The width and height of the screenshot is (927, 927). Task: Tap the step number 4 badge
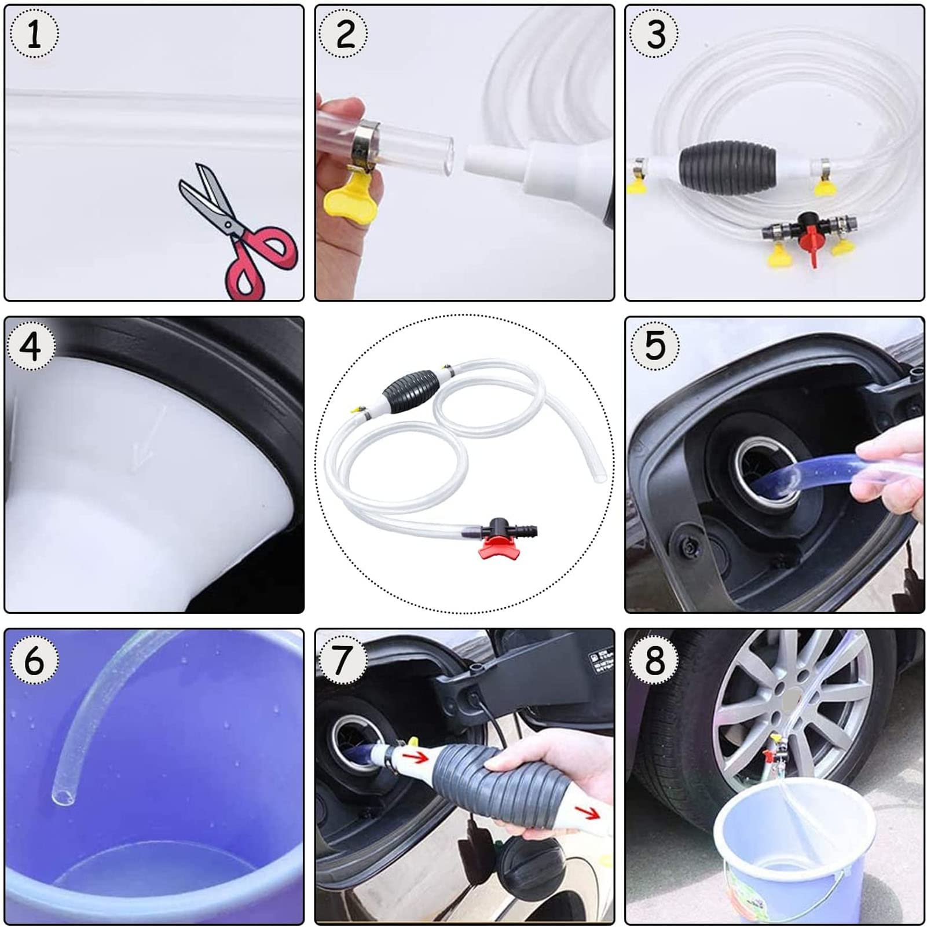click(x=31, y=346)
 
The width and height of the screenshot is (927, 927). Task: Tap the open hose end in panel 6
click(x=64, y=798)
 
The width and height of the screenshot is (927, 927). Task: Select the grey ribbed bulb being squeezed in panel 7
click(x=481, y=785)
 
